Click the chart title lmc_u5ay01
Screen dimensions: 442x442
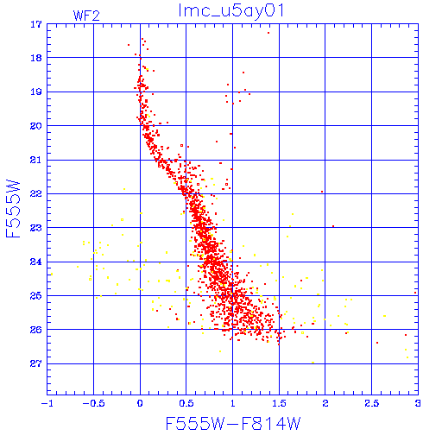[231, 11]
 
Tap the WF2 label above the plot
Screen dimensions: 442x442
[86, 16]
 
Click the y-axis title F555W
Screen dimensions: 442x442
[13, 209]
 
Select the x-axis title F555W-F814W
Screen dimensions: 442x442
[233, 424]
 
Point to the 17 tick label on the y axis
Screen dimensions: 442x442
[36, 24]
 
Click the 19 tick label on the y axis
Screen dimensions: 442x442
[36, 92]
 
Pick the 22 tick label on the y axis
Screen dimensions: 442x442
[36, 193]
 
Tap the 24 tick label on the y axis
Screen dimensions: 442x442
[36, 262]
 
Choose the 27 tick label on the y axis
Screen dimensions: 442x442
[36, 363]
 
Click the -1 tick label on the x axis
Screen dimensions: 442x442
[47, 403]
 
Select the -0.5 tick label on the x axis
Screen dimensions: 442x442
[93, 403]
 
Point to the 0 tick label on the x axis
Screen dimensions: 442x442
[140, 403]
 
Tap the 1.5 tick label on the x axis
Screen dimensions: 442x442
[279, 403]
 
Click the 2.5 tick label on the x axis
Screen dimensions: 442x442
[371, 403]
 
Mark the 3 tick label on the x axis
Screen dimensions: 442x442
[418, 403]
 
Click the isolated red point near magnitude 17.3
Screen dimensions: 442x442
[268, 33]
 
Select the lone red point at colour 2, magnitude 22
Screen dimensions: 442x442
[322, 192]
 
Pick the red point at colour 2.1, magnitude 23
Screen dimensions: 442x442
[333, 226]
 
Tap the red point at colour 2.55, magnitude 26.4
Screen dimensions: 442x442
[377, 343]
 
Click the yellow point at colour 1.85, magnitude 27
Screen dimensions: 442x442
[313, 363]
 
